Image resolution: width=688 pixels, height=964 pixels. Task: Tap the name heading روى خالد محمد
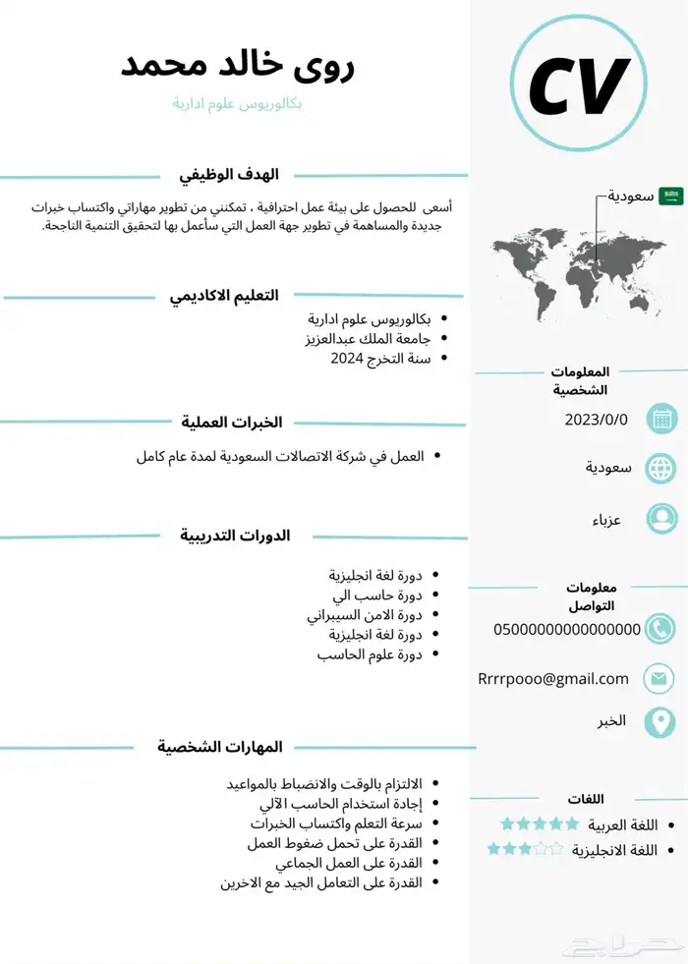pos(238,66)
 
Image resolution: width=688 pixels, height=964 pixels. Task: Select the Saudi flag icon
pos(670,196)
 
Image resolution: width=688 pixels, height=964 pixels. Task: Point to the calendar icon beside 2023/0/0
pos(661,420)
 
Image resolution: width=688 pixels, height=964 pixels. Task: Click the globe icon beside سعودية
pos(661,468)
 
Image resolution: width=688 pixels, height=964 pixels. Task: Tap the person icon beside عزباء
pos(661,518)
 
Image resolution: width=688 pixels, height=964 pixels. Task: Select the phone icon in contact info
pos(659,629)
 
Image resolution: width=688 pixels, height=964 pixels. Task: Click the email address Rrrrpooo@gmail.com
pos(553,679)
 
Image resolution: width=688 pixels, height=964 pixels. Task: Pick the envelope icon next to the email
pos(659,679)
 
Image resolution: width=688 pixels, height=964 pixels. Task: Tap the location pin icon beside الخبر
pos(659,722)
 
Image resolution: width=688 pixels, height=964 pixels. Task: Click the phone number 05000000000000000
pos(567,630)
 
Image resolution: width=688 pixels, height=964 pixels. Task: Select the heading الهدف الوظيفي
pos(229,174)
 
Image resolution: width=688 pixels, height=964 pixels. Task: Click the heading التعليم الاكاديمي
pos(224,295)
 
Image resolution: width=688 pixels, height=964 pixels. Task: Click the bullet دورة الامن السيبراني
pos(365,615)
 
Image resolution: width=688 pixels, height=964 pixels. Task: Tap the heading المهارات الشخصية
pos(220,747)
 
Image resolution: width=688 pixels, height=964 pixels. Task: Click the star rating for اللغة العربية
pos(540,824)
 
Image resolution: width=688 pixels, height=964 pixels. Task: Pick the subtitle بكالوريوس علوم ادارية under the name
pos(238,103)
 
